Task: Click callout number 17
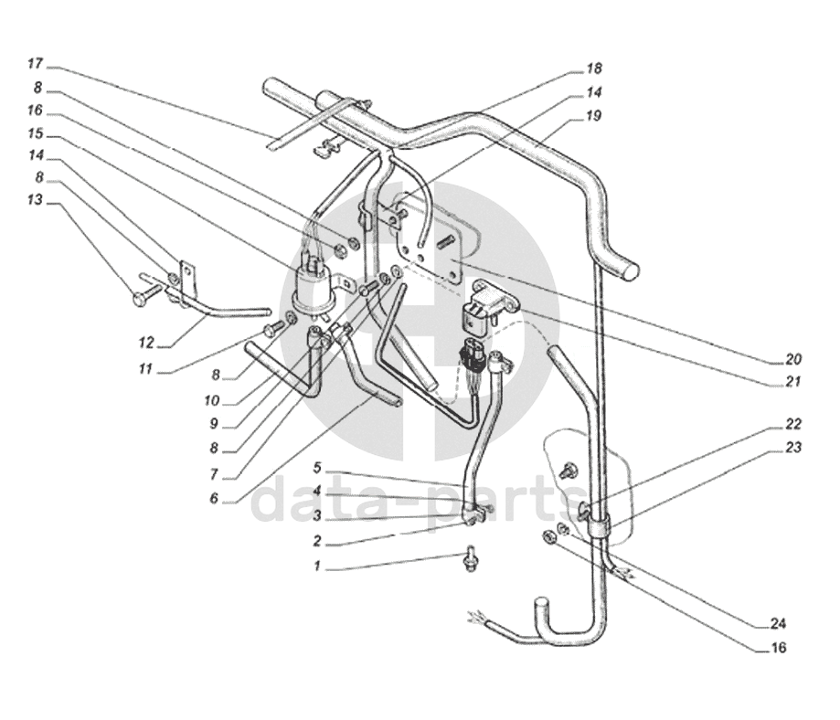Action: coord(36,64)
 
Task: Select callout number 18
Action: coord(593,69)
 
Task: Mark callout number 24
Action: coord(778,623)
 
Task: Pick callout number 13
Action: coord(36,200)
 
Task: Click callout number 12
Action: coord(146,342)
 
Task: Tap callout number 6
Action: coord(214,498)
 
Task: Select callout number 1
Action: coord(317,566)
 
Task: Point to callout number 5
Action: coord(317,468)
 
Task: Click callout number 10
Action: coord(212,400)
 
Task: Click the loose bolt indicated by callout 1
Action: coord(472,559)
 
